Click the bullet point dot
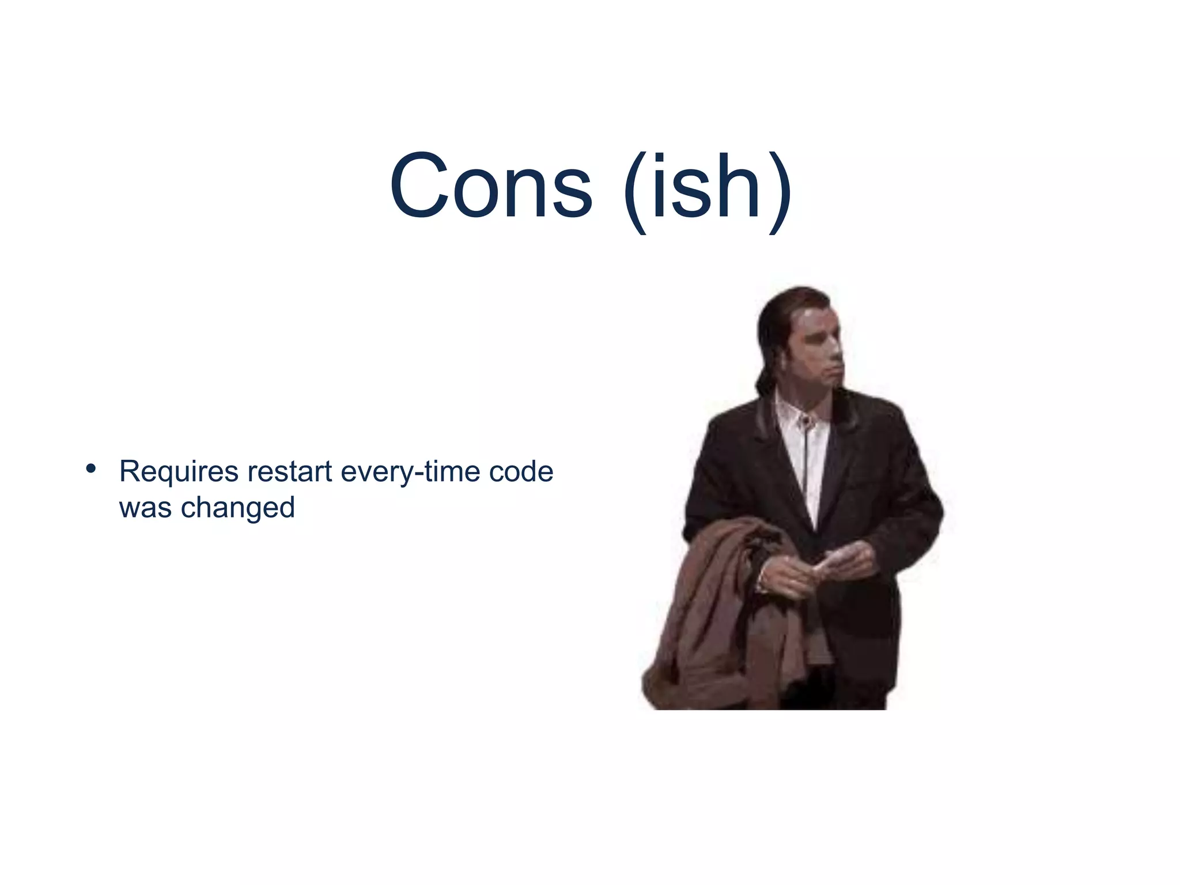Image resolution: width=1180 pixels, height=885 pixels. click(90, 468)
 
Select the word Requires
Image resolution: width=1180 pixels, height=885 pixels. click(179, 472)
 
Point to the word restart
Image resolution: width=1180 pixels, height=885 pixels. click(290, 471)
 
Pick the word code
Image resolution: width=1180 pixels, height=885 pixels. click(521, 471)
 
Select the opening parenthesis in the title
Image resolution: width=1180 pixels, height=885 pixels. click(636, 190)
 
